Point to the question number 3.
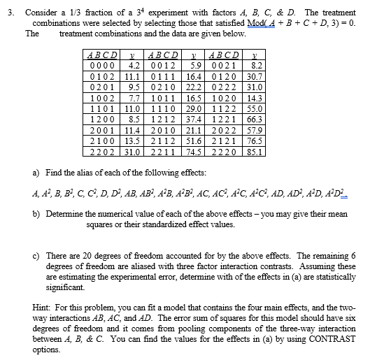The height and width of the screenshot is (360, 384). click(x=9, y=13)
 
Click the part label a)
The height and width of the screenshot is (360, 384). click(x=36, y=171)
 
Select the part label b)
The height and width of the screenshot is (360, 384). click(x=36, y=213)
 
